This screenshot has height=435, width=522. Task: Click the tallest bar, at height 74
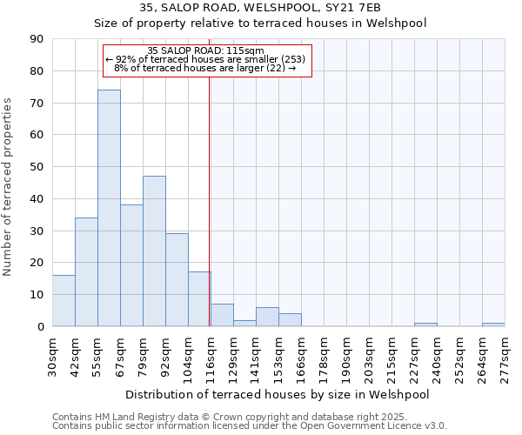109,208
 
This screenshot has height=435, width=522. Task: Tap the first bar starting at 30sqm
64,300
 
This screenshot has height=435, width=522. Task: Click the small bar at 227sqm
425,325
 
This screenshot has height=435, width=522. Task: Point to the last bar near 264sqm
493,325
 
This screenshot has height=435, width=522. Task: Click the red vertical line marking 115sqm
210,200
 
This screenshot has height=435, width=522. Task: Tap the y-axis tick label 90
37,39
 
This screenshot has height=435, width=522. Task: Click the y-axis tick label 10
37,295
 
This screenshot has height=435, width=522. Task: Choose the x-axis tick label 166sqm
302,357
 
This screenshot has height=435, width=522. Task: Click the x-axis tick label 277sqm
505,357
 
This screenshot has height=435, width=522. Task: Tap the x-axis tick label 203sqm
370,357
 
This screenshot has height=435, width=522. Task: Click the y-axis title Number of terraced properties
9,187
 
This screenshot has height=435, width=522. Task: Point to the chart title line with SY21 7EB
259,8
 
